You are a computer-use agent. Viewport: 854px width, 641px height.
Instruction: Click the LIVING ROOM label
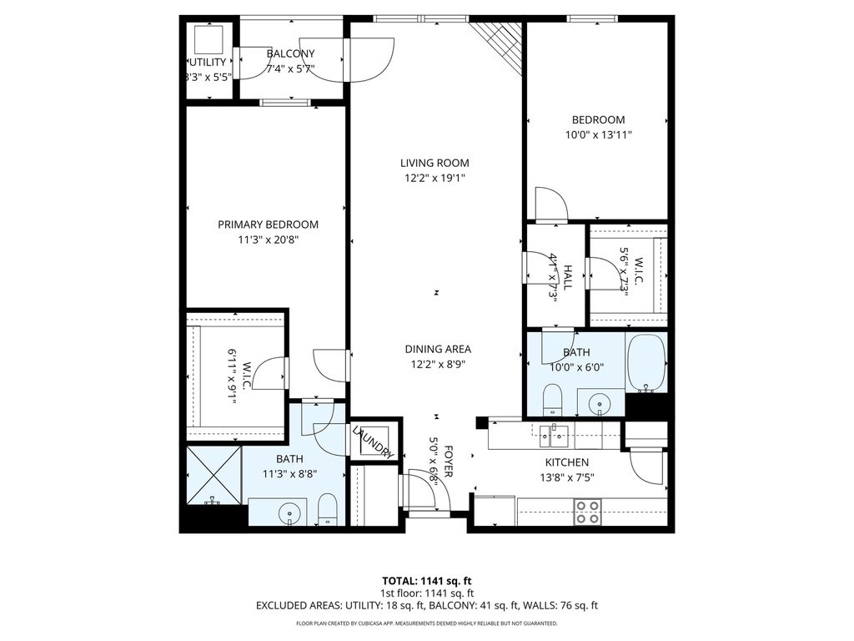[434, 163]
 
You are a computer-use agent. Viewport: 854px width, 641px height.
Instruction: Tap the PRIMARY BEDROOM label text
[268, 225]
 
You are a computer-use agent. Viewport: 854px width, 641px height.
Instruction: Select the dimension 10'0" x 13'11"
[598, 134]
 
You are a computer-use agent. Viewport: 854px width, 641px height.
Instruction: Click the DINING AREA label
[438, 349]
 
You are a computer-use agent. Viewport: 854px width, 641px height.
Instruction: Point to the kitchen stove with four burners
[587, 511]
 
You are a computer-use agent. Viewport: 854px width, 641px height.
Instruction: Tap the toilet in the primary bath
[328, 509]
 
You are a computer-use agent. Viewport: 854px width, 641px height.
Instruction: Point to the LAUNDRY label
[373, 442]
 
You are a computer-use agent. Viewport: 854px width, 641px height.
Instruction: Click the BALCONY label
[284, 54]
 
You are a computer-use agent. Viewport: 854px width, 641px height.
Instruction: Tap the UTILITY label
[207, 63]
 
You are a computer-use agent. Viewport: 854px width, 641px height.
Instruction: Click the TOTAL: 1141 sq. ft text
[426, 580]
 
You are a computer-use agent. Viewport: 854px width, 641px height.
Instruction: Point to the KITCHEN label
[567, 462]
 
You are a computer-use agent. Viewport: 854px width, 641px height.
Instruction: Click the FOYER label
[448, 461]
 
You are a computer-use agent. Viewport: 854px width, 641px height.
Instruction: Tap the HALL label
[567, 276]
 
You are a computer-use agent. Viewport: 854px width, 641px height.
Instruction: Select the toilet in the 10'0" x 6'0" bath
[553, 398]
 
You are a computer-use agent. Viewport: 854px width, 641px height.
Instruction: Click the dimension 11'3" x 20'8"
[268, 240]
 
